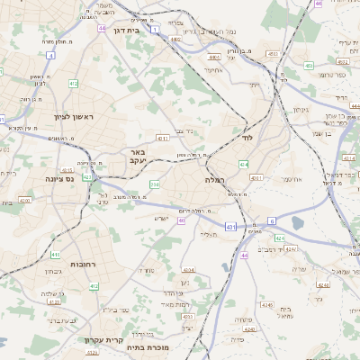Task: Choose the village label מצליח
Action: click(209, 235)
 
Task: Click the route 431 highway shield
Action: click(231, 226)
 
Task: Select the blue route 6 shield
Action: click(271, 220)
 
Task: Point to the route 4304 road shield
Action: click(188, 269)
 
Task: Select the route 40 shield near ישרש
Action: click(182, 220)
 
